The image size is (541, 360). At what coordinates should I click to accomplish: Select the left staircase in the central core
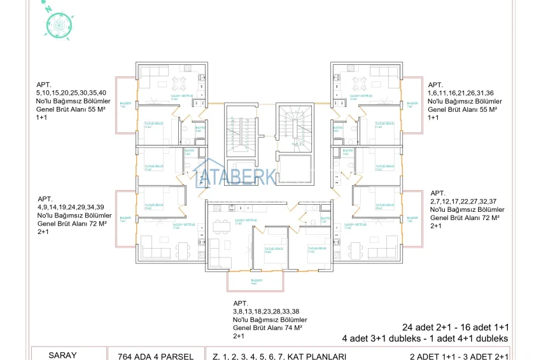pyautogui.click(x=242, y=131)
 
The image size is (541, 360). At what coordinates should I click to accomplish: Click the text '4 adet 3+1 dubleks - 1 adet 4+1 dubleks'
pyautogui.click(x=425, y=338)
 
